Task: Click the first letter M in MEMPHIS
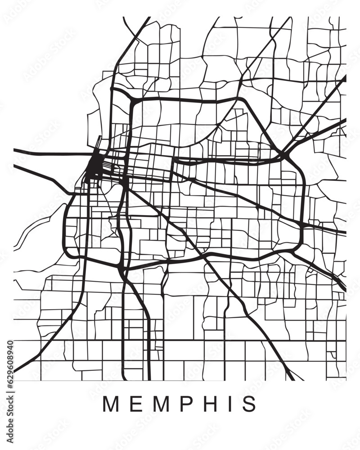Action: [x=110, y=404]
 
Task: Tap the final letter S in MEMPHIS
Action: [x=248, y=404]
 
